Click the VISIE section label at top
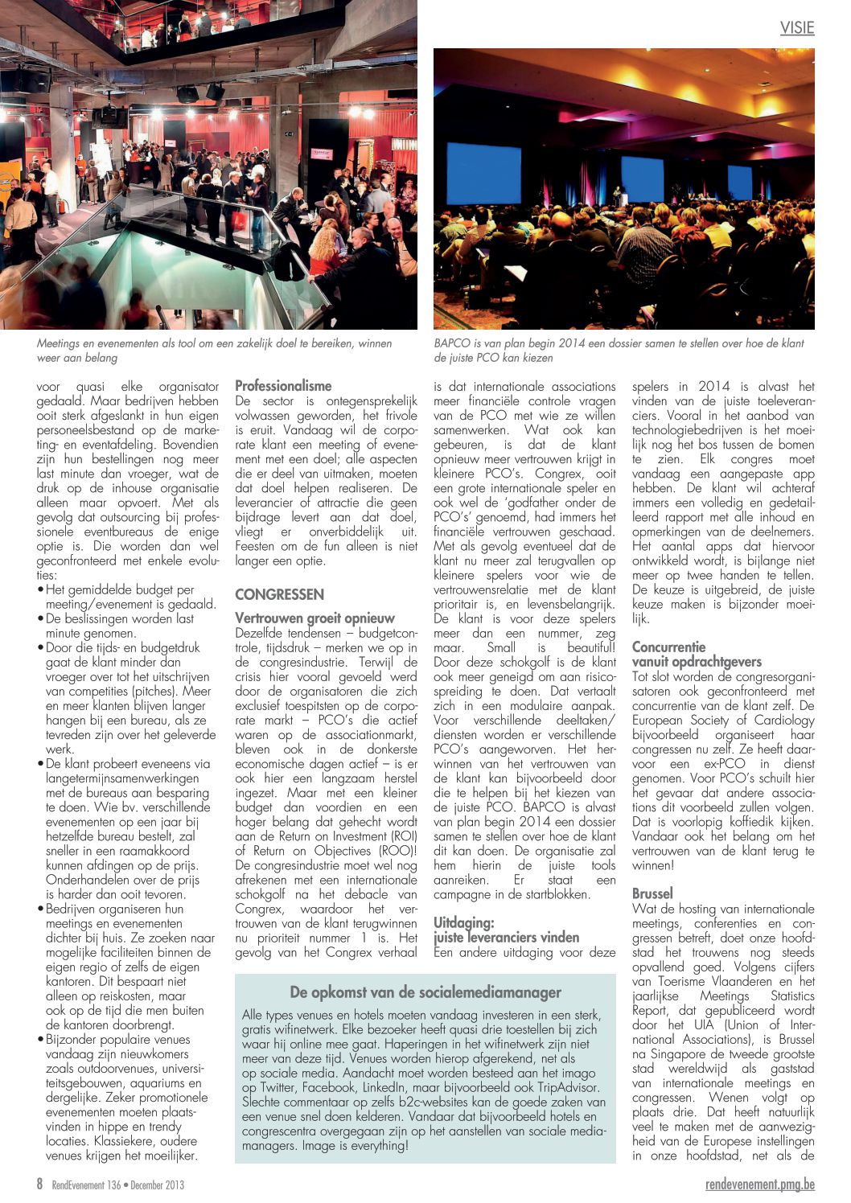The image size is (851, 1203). click(797, 28)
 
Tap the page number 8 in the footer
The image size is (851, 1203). click(39, 1184)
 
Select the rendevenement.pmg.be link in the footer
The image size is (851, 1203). click(759, 1185)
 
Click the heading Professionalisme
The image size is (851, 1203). click(283, 386)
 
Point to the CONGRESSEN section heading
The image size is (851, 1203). click(279, 594)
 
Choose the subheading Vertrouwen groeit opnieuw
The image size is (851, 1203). click(314, 618)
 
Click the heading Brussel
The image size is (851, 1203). click(652, 893)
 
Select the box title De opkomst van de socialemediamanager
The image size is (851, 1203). click(425, 992)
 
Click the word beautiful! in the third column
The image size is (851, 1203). click(591, 647)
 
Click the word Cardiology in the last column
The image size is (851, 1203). click(783, 720)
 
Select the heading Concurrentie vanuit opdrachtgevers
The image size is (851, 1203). click(697, 654)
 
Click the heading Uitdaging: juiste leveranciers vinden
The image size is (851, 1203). click(506, 930)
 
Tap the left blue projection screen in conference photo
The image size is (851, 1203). click(483, 170)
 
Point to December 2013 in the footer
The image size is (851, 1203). click(157, 1185)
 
